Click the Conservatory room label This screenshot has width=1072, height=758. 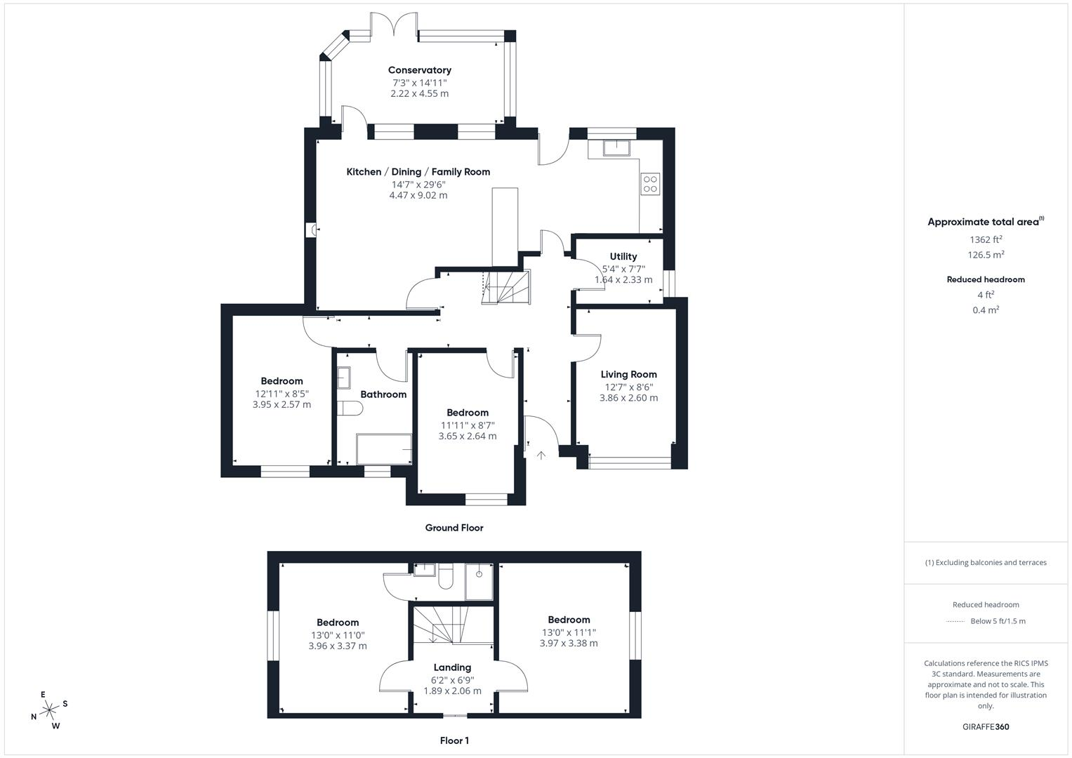click(x=420, y=70)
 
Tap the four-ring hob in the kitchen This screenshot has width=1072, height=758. click(x=650, y=184)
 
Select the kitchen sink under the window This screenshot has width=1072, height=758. click(x=616, y=148)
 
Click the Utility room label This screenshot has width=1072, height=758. click(x=623, y=256)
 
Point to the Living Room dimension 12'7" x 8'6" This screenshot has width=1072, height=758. click(x=629, y=387)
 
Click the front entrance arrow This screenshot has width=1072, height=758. click(x=541, y=456)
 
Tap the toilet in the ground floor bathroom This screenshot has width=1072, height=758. click(x=350, y=408)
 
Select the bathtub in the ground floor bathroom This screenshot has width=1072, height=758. click(x=384, y=449)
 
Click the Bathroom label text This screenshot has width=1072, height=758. click(x=383, y=394)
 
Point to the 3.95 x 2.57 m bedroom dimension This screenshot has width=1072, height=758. click(x=282, y=405)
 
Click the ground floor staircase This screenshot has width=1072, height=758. click(x=506, y=287)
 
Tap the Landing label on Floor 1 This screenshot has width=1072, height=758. click(x=452, y=667)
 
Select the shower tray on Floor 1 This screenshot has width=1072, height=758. click(x=479, y=582)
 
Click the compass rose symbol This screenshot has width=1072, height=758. click(x=49, y=710)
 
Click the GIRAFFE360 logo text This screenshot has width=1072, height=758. click(x=986, y=727)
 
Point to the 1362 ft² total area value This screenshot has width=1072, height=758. click(x=986, y=239)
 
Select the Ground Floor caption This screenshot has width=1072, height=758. click(x=454, y=528)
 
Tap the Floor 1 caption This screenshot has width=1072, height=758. click(x=454, y=740)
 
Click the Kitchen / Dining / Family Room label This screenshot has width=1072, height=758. click(x=418, y=172)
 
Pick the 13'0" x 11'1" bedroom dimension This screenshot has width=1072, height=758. click(x=569, y=632)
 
